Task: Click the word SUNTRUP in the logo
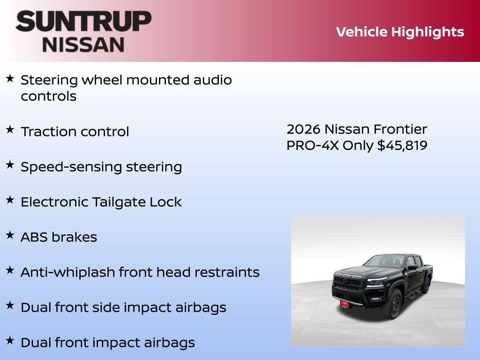83,21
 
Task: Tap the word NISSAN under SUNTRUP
83,44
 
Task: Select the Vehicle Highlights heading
400,32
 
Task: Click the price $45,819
402,145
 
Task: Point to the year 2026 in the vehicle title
303,129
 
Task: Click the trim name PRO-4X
313,145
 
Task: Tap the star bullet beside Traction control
10,130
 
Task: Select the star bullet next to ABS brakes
10,235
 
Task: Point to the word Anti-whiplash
67,272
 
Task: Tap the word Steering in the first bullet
49,80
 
